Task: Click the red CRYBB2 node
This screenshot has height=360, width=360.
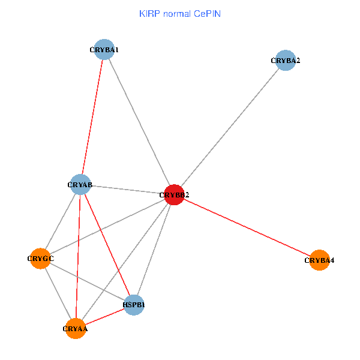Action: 174,194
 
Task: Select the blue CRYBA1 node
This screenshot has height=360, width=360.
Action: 104,49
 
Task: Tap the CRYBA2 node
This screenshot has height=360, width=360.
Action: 286,60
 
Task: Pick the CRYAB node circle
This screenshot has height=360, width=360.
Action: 80,184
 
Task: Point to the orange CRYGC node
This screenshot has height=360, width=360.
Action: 40,259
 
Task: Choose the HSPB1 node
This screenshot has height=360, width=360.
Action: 134,305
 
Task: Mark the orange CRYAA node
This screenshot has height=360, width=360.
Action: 76,329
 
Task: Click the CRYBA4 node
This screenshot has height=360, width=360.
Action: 319,260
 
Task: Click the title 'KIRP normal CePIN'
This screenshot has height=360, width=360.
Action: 180,14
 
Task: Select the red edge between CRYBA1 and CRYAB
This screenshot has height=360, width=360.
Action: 92,117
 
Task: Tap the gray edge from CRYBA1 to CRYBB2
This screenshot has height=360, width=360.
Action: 139,122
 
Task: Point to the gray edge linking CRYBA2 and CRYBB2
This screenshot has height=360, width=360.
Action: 230,127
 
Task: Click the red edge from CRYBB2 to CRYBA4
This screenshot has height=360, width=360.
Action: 247,227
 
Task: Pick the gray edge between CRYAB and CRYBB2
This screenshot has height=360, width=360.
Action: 127,190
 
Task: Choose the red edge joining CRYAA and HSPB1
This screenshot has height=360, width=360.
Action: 105,317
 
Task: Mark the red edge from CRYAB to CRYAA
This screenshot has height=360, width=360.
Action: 78,256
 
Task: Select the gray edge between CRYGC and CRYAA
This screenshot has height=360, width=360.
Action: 58,293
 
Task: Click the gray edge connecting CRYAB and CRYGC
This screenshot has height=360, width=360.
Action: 61,221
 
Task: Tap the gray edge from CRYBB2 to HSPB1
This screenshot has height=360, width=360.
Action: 154,250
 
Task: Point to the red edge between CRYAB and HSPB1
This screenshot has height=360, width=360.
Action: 107,245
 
